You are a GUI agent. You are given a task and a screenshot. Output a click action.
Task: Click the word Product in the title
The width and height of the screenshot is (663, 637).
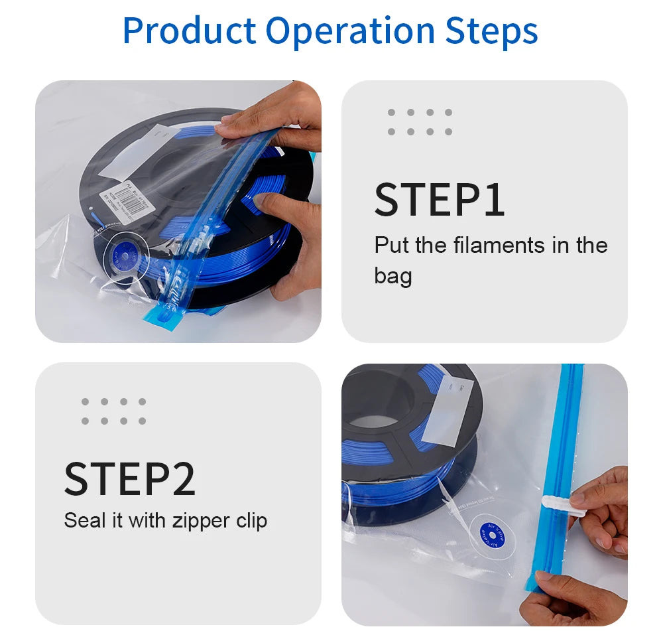190,31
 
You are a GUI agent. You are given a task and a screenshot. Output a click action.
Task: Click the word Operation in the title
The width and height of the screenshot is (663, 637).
350,31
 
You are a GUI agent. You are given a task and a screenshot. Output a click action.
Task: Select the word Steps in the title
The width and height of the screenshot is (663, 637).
491,31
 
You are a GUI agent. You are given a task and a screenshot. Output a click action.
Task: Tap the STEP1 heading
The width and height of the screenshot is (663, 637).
440,200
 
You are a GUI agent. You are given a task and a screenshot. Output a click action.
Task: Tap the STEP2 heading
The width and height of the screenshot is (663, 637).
130,478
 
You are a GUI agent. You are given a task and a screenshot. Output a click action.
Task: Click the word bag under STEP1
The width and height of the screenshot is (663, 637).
392,275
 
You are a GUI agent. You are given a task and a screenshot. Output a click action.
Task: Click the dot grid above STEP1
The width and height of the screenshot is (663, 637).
420,122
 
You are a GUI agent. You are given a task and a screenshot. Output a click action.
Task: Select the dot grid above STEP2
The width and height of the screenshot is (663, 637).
113,411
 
